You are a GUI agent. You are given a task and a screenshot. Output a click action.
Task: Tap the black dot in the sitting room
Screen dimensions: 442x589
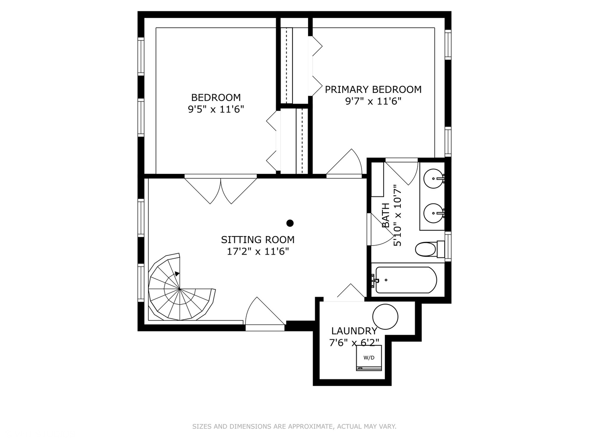coord(290,223)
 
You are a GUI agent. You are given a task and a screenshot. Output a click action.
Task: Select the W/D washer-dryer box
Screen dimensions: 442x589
coord(369,358)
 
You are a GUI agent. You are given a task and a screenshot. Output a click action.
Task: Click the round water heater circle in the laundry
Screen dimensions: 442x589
coord(385,317)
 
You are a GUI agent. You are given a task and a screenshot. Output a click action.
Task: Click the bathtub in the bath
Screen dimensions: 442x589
coord(406,280)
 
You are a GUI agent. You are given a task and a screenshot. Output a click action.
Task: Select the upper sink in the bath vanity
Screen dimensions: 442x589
coord(433,178)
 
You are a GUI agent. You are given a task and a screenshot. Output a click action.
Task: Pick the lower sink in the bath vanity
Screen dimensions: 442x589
coord(433,213)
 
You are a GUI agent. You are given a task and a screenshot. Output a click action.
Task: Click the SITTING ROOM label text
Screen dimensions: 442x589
coord(258,240)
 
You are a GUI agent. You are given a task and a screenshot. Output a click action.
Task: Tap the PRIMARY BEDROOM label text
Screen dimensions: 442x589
coord(373,90)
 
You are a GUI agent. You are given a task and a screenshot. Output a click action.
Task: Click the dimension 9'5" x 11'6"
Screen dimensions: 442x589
coord(216,109)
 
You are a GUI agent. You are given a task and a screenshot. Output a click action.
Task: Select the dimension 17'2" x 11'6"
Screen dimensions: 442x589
coord(258,251)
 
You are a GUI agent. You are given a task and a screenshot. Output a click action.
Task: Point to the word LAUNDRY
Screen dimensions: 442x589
coord(354,331)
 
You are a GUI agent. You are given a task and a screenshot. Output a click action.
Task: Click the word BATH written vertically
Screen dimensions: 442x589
coord(386,215)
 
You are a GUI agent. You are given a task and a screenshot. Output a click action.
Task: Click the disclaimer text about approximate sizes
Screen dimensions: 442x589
coord(294,426)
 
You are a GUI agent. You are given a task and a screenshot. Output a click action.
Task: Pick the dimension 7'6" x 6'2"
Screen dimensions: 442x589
coord(354,342)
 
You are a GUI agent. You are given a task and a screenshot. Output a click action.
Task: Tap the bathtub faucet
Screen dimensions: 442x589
coord(375,280)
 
